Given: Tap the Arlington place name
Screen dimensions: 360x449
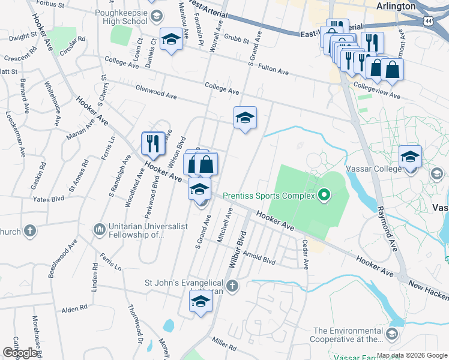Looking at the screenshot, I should point(395,6).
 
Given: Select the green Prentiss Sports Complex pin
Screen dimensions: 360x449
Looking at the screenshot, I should point(325,194).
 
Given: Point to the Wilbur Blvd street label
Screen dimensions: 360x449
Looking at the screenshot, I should point(238,248).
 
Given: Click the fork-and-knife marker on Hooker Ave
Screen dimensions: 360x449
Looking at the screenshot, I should point(152,143).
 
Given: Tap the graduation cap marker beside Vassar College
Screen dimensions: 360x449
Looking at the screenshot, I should point(410,157).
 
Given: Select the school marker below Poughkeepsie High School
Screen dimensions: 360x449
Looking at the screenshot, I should point(171,40).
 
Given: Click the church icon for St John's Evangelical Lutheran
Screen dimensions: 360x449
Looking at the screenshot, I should point(233,286).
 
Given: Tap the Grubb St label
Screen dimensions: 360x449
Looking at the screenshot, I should point(237,41).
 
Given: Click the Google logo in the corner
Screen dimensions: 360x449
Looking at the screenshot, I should point(20,353).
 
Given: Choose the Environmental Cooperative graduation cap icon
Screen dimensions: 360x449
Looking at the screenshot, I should point(391,334).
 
